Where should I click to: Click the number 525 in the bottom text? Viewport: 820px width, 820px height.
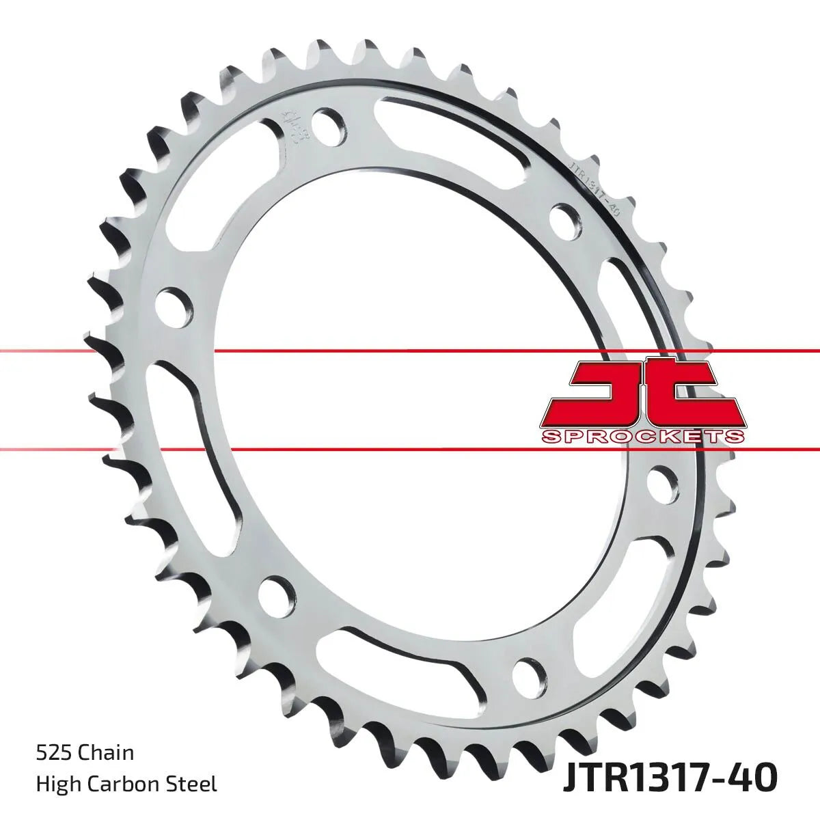(53, 753)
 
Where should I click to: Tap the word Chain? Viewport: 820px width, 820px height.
(106, 753)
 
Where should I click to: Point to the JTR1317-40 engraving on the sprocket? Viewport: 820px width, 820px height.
(594, 189)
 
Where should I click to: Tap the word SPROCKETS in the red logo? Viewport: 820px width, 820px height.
(640, 437)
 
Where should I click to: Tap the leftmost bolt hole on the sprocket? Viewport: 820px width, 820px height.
(172, 303)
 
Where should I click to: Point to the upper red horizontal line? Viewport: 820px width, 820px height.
(410, 351)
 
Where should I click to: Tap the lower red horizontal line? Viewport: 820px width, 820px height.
(410, 450)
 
